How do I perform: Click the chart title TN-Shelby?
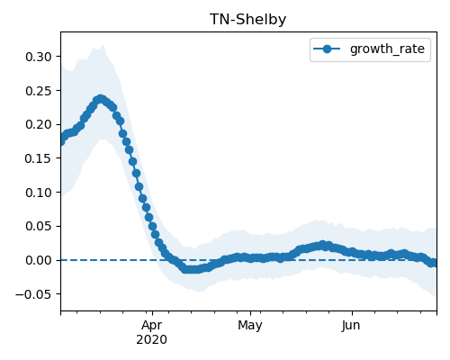pyautogui.click(x=247, y=20)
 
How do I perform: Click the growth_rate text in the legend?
pyautogui.click(x=387, y=49)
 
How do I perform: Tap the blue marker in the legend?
pyautogui.click(x=327, y=49)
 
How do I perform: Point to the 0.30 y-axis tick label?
pyautogui.click(x=39, y=57)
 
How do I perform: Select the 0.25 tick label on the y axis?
pyautogui.click(x=39, y=91)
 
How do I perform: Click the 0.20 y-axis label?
pyautogui.click(x=39, y=124)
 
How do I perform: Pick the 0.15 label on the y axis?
pyautogui.click(x=39, y=158)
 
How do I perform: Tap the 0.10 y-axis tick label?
pyautogui.click(x=39, y=193)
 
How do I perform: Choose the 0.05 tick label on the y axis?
pyautogui.click(x=39, y=226)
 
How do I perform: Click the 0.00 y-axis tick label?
pyautogui.click(x=39, y=260)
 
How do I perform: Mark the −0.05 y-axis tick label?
pyautogui.click(x=33, y=294)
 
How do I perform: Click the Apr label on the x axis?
pyautogui.click(x=152, y=326)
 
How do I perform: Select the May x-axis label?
pyautogui.click(x=250, y=326)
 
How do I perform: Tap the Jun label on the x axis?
pyautogui.click(x=351, y=326)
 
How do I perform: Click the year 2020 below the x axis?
pyautogui.click(x=151, y=340)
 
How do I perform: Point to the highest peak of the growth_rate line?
pyautogui.click(x=101, y=99)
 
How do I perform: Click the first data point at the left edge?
pyautogui.click(x=61, y=141)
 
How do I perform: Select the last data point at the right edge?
pyautogui.click(x=434, y=263)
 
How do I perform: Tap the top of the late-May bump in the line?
pyautogui.click(x=322, y=245)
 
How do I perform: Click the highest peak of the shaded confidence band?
pyautogui.click(x=103, y=45)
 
